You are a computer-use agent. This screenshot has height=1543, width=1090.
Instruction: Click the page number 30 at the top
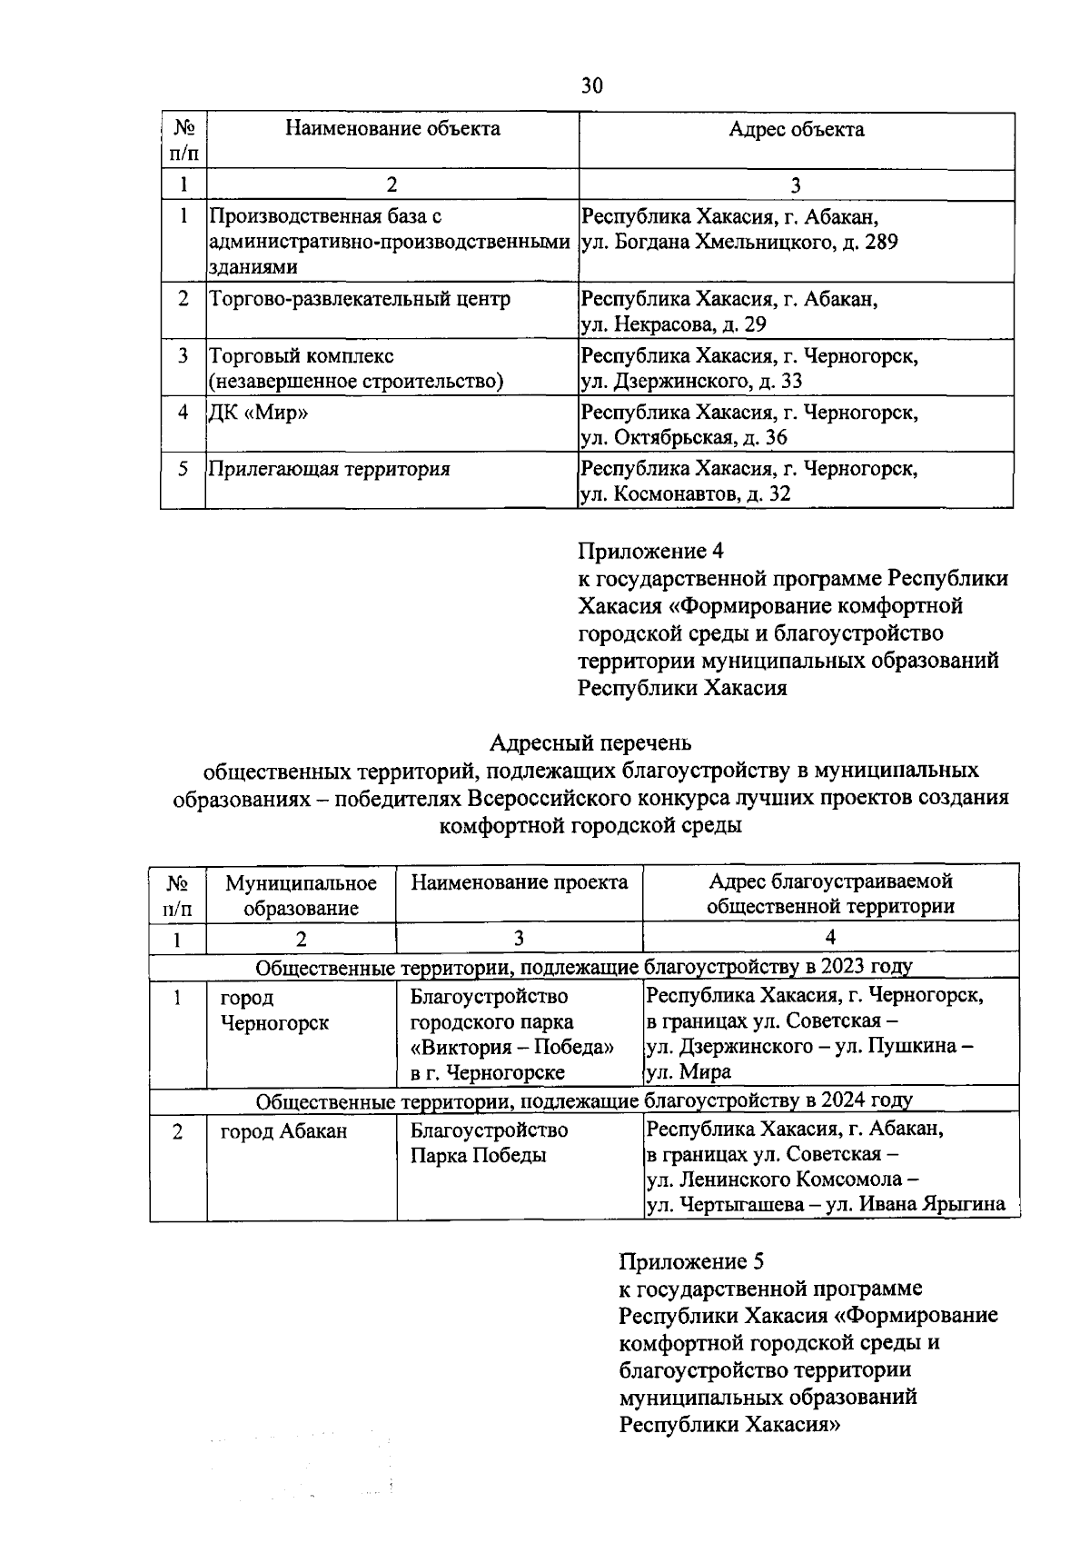[591, 86]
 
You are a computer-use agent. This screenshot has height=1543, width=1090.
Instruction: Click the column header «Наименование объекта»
[392, 128]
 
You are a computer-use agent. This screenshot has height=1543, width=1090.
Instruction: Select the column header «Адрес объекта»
[796, 129]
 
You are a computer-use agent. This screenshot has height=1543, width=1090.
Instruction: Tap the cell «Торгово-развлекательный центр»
[360, 299]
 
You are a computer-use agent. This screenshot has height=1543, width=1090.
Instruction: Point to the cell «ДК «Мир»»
[258, 413]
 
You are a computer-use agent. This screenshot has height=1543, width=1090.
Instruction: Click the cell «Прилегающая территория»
[330, 470]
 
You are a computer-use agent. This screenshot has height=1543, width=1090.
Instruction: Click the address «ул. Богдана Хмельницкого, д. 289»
[739, 243]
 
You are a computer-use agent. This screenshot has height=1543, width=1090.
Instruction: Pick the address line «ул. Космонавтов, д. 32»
[686, 494]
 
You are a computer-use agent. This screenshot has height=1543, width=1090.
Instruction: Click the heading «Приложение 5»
[691, 1261]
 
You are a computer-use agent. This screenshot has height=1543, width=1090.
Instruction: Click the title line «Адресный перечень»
[590, 743]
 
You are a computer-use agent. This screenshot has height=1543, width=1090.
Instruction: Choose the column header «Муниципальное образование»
[301, 895]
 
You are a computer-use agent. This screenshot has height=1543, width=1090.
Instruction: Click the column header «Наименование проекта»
[519, 882]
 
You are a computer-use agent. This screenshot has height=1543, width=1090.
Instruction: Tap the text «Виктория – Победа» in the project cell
[511, 1048]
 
